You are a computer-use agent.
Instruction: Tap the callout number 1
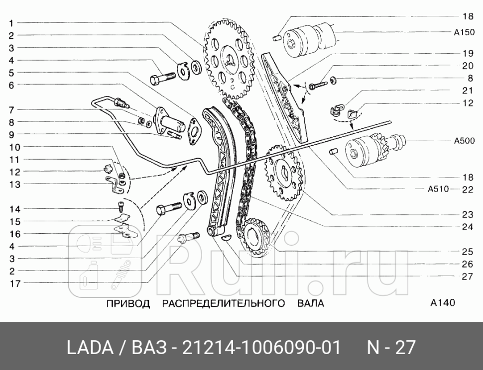coord(11,22)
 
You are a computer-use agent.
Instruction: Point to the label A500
coord(464,141)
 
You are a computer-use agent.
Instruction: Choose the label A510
coord(438,189)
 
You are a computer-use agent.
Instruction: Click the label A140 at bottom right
coord(443,302)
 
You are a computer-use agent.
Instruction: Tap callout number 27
coord(467,277)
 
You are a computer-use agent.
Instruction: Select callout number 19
coord(467,53)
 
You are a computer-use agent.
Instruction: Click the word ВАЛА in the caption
coord(311,303)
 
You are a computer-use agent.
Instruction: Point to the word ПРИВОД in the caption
coord(128,303)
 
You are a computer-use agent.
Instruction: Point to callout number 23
coord(467,215)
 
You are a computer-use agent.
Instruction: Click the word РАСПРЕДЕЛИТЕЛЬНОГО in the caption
coord(224,303)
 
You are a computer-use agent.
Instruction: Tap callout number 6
coord(11,85)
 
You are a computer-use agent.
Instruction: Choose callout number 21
coord(467,91)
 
